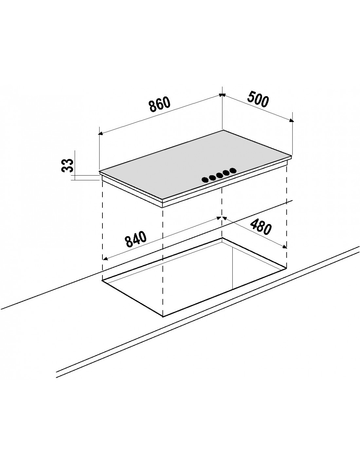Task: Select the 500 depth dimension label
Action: (258, 99)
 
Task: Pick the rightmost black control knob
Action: (233, 170)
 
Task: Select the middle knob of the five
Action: (219, 175)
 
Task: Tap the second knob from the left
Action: (212, 178)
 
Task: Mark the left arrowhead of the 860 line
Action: (100, 133)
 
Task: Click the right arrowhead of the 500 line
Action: (292, 121)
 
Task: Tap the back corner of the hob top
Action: (223, 130)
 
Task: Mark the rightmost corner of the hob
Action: (291, 156)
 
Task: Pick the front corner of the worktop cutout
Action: (163, 317)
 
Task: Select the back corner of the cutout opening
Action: (222, 238)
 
